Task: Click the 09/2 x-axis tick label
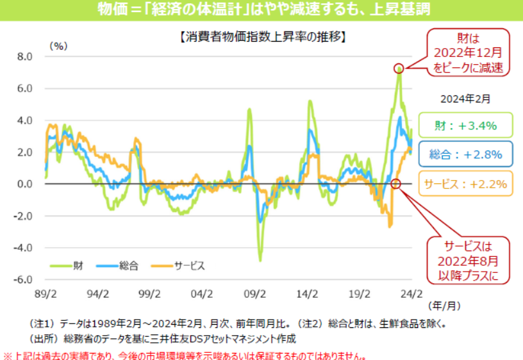[255, 295]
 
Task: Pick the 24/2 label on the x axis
[411, 295]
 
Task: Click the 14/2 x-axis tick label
[308, 295]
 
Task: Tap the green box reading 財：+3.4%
[466, 126]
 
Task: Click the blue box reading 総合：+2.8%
[466, 154]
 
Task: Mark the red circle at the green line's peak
[399, 68]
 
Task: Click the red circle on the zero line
[395, 184]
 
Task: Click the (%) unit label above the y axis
[58, 45]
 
